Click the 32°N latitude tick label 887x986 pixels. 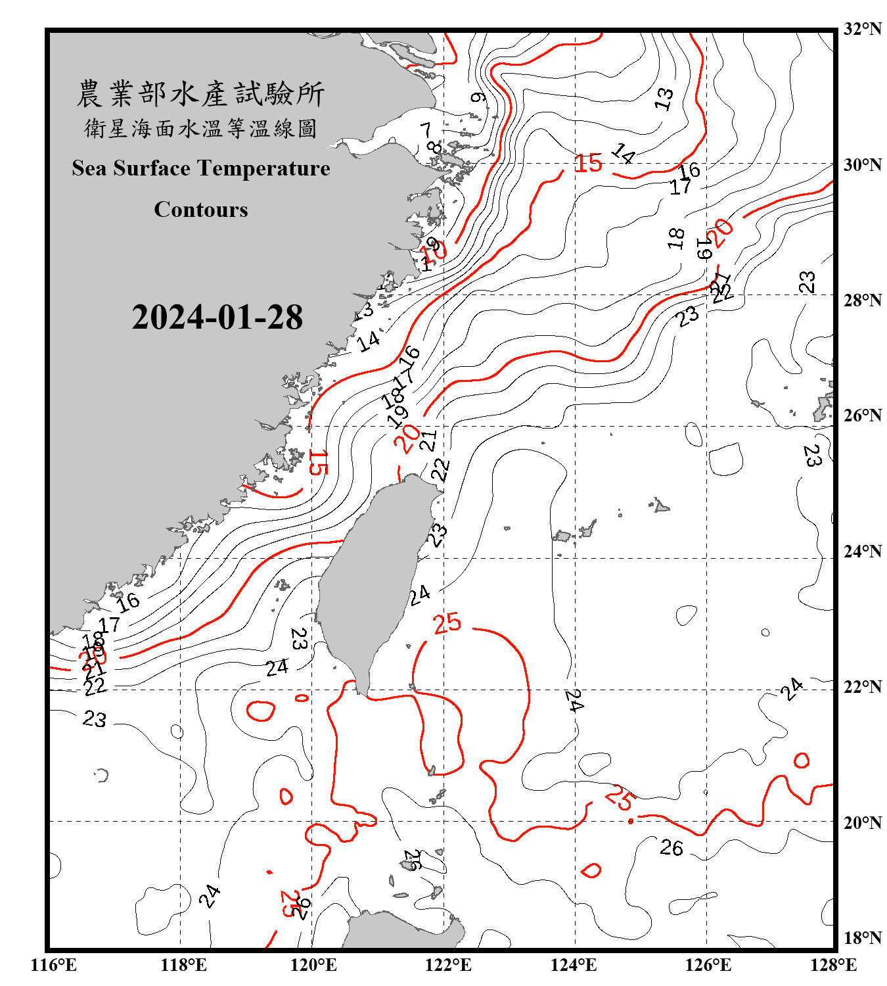point(862,29)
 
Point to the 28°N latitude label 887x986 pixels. point(862,300)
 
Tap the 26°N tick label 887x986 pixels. point(862,415)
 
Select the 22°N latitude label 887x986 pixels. point(862,687)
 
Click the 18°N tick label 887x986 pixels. point(862,938)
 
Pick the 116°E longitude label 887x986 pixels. point(54,965)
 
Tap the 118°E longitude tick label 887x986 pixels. point(183,965)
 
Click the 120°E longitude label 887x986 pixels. point(313,965)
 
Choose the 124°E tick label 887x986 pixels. point(574,965)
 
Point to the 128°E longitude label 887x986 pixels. point(833,965)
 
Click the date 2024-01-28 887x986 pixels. point(217,317)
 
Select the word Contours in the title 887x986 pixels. point(201,210)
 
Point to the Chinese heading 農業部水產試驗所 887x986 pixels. point(200,94)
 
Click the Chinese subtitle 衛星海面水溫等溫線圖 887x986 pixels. point(200,128)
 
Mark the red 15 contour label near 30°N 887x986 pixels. point(588,163)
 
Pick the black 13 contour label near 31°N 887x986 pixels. point(664,99)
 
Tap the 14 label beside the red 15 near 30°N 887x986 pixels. point(623,154)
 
